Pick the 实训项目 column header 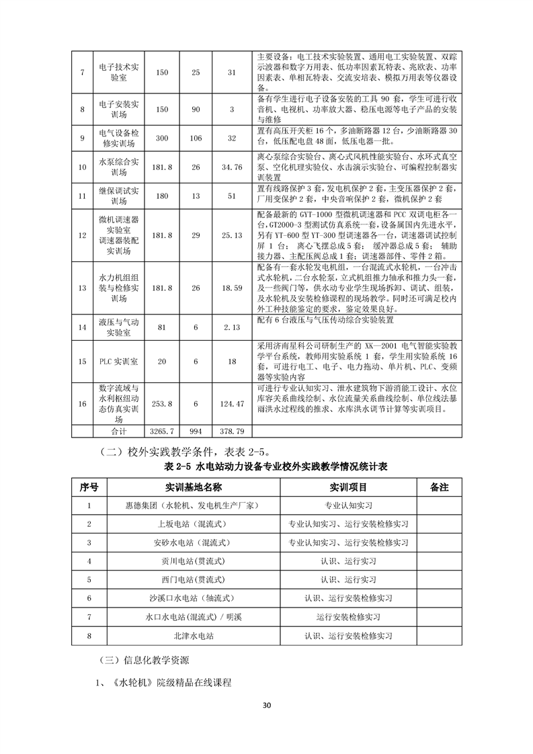348,486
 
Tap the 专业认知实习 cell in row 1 348,505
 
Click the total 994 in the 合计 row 196,429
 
